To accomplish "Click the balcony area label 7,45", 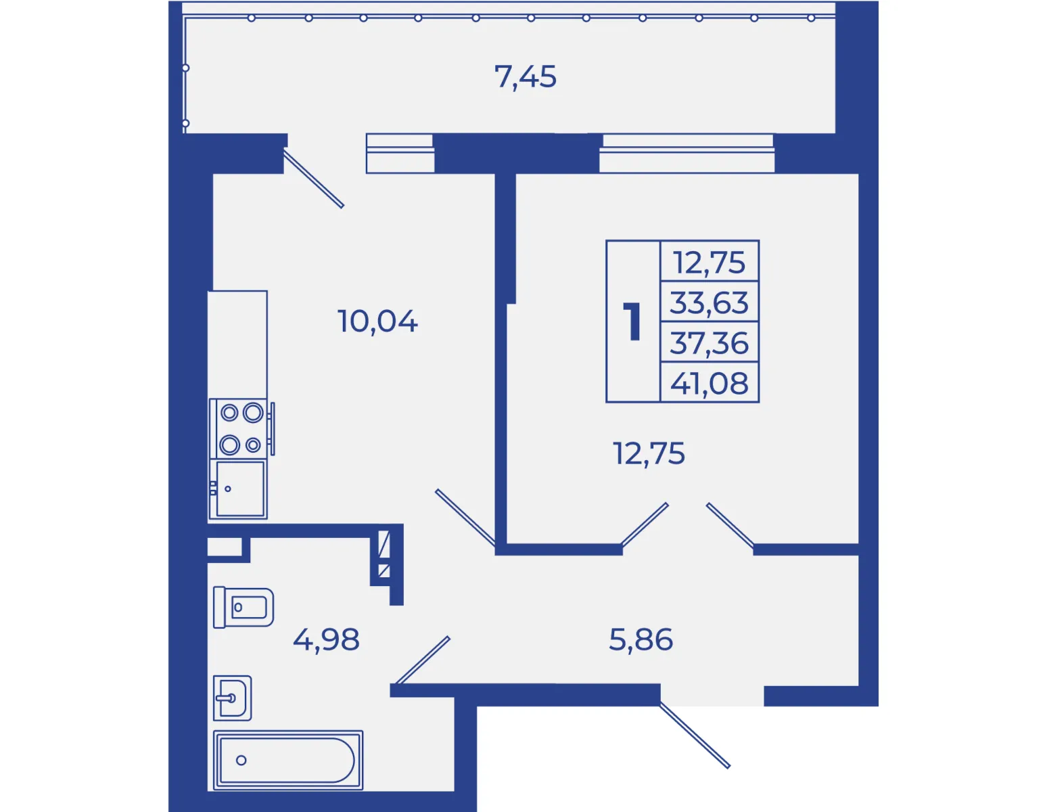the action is coord(525,77).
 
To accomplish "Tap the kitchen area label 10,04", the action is coord(377,321).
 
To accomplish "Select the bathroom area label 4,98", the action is coord(326,639).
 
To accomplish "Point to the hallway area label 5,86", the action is coord(641,639).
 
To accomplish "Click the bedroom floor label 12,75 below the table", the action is coord(649,453).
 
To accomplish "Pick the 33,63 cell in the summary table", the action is coord(710,303).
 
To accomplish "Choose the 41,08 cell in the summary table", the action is coord(710,384).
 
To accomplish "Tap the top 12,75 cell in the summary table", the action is coord(710,263).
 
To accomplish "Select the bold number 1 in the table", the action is coord(632,321).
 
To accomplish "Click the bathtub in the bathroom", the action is coord(288,760).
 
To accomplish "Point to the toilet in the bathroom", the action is coord(243,607).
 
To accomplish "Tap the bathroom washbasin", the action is coord(232,698).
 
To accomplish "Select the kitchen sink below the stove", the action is coord(237,489).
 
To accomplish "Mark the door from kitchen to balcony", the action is coord(314,179).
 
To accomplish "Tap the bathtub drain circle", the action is coord(241,760).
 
